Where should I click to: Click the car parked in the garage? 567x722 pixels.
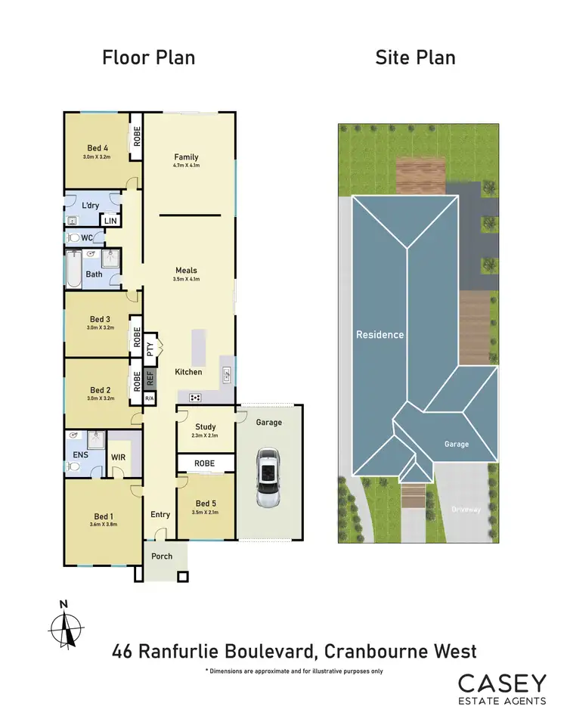tap(268, 478)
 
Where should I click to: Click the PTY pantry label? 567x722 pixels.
tap(150, 349)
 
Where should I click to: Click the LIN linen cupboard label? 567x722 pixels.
tap(111, 220)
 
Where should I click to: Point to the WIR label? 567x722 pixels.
tap(118, 456)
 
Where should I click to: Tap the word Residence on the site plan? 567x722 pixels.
tap(380, 334)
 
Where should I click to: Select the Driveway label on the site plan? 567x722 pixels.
tap(466, 510)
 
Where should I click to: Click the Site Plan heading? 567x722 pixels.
tap(415, 57)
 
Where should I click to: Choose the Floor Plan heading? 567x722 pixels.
tap(149, 57)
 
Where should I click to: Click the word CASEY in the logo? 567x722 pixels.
tap(501, 683)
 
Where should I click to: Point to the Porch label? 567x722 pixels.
tap(162, 556)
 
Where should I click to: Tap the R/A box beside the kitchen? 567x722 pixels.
tap(150, 398)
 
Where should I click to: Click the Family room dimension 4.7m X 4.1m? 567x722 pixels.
tap(186, 166)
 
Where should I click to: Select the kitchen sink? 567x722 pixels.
tap(226, 373)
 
